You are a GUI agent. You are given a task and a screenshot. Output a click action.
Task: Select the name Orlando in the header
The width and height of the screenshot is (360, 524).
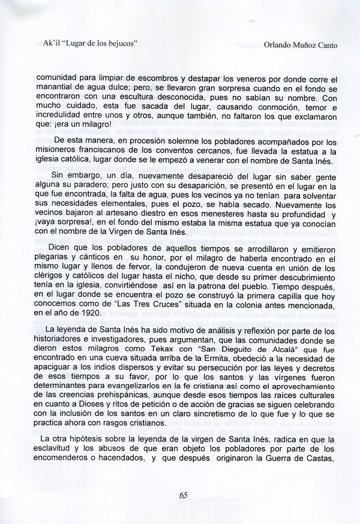coord(265,44)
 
